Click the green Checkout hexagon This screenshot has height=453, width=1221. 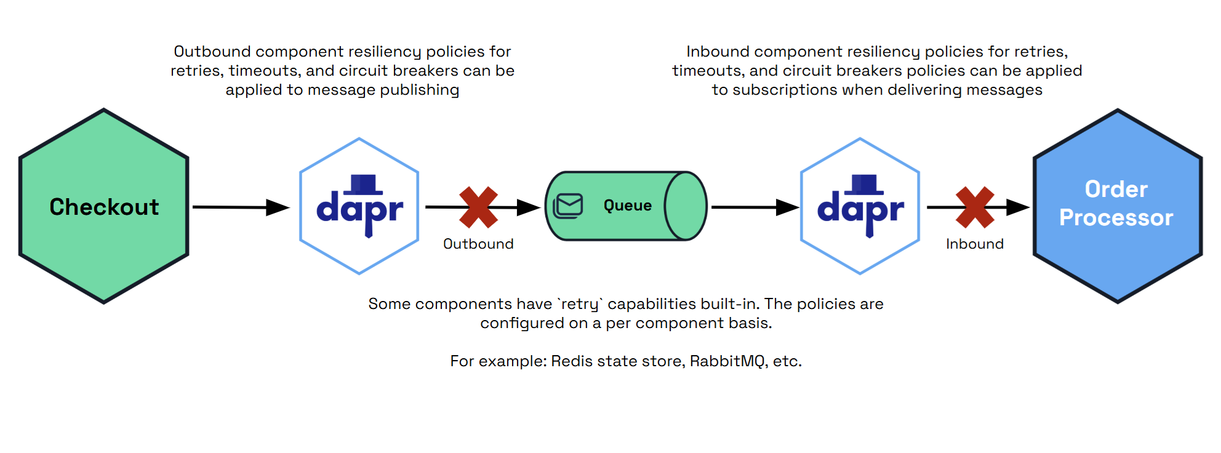click(x=103, y=206)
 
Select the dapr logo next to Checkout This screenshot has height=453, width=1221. click(x=359, y=207)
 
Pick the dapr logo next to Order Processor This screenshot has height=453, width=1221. click(x=860, y=207)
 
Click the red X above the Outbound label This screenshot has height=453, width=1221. click(x=479, y=207)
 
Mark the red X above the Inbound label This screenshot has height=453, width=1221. click(x=975, y=207)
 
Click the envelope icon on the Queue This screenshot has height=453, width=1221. click(x=568, y=206)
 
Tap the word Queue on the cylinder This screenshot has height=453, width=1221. click(x=627, y=206)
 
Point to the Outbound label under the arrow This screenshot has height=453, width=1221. click(x=478, y=244)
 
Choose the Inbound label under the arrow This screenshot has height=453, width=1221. click(x=975, y=244)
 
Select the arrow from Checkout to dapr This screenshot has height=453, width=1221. click(x=240, y=207)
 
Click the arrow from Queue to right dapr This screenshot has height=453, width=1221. click(x=755, y=207)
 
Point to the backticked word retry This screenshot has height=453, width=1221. click(x=580, y=304)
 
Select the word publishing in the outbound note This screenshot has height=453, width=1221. click(x=419, y=90)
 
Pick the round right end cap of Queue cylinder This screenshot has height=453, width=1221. click(x=686, y=206)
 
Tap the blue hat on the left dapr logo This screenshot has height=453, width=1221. click(x=364, y=184)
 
